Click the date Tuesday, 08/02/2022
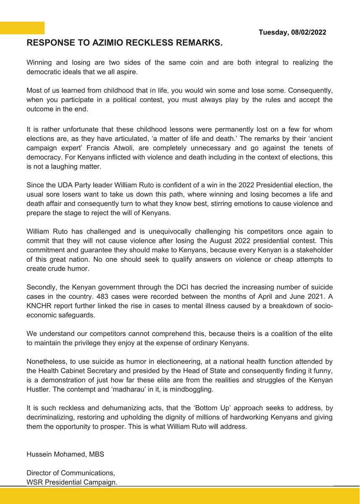click(292, 32)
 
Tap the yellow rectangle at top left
click(22, 28)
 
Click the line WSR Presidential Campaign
click(72, 482)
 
